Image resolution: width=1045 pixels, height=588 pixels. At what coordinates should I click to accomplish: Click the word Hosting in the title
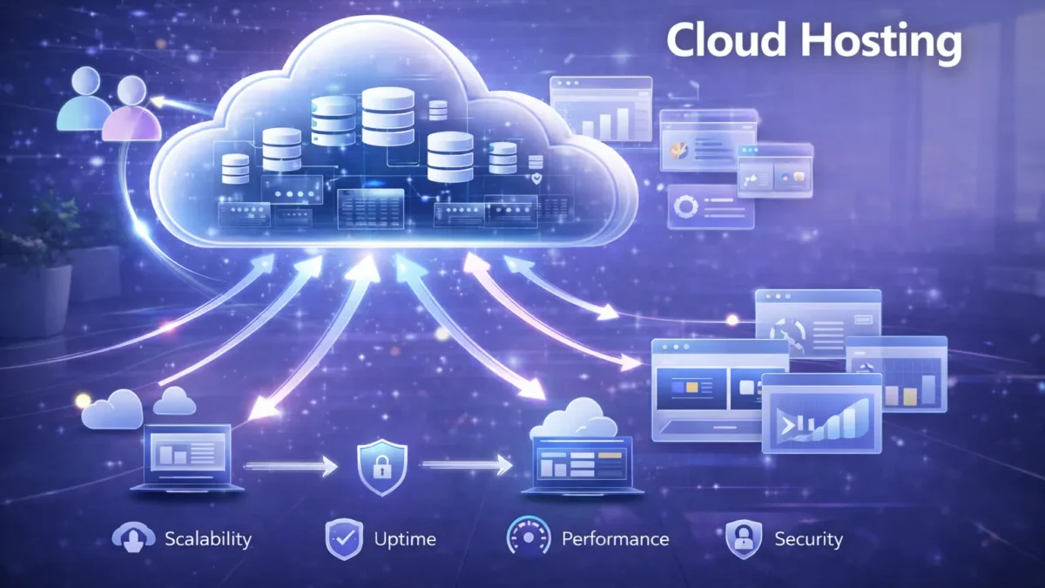click(881, 43)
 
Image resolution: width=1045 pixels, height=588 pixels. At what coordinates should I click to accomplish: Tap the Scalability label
click(208, 539)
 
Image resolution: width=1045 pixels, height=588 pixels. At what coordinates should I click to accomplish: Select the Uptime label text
click(405, 539)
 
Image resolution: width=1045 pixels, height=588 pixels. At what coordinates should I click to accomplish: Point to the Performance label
click(616, 539)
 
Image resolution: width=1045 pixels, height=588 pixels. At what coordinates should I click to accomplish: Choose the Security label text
click(809, 539)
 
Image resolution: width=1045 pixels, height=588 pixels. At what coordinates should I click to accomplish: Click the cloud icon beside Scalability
click(133, 537)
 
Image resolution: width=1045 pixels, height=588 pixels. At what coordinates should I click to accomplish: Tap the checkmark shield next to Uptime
click(344, 539)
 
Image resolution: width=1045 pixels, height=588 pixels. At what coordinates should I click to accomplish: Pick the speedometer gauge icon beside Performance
click(528, 537)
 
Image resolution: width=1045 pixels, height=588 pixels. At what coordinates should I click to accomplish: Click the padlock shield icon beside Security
click(744, 539)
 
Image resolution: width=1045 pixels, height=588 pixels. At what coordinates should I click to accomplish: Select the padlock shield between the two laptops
click(382, 467)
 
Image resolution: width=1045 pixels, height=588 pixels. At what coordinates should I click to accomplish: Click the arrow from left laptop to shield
click(291, 466)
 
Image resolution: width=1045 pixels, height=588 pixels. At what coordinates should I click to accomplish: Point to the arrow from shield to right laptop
click(467, 465)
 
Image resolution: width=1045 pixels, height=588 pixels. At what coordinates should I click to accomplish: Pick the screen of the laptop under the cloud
click(582, 463)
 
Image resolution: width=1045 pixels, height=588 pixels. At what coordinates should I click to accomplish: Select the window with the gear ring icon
click(711, 206)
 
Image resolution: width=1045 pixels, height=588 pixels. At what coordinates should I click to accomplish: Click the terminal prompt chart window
click(821, 414)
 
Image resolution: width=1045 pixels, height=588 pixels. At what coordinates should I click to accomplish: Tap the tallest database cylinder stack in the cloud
click(388, 116)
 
